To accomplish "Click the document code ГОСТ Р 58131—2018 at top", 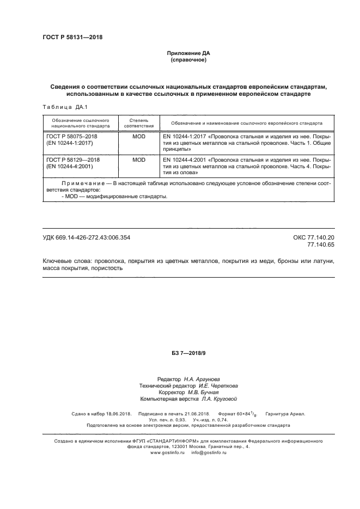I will pos(72,38).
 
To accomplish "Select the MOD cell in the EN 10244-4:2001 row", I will pos(139,160).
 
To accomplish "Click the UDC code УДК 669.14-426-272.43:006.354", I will pos(86,237).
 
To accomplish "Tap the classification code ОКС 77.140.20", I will pos(314,237).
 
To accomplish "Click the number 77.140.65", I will pos(321,245).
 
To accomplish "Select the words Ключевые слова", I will pos(63,261).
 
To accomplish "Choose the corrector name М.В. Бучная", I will pos(200,392).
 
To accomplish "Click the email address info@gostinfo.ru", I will pos(209,452).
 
